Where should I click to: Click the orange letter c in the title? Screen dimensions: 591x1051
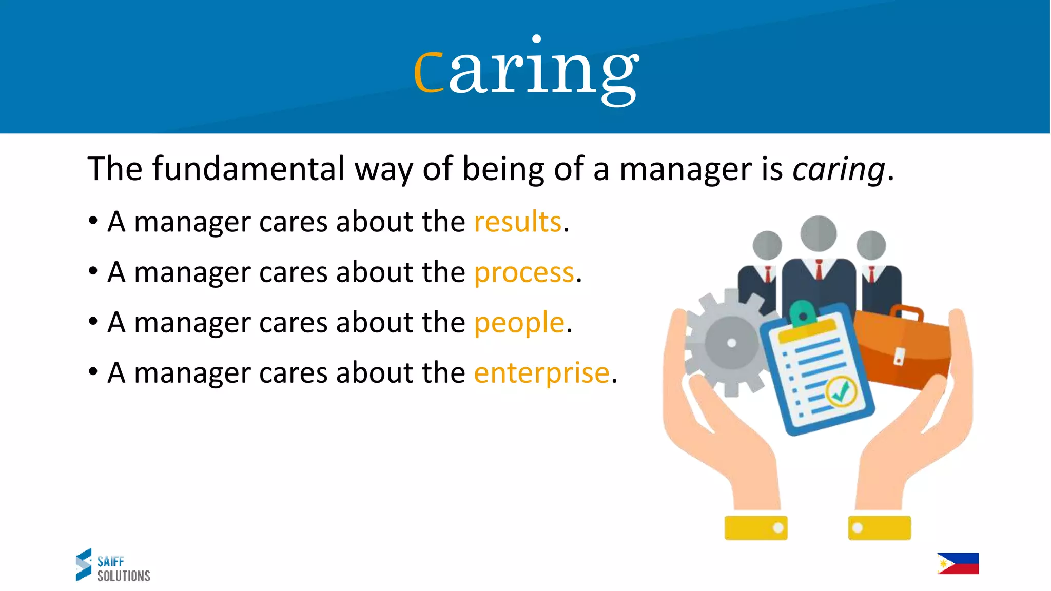pos(429,72)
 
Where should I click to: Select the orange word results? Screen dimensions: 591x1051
pos(517,222)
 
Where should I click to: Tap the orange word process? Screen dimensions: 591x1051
pos(523,272)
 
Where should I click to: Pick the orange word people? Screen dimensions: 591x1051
pos(519,323)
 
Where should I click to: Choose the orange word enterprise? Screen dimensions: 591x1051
pos(541,372)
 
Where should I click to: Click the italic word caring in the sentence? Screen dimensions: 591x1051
pos(839,169)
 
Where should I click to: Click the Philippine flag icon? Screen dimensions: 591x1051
pos(958,563)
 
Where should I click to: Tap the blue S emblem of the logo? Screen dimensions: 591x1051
pos(84,564)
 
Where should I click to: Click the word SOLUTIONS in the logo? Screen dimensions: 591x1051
pos(124,576)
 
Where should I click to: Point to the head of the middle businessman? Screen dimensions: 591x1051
pos(819,233)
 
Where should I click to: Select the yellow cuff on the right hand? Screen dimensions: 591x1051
pos(879,528)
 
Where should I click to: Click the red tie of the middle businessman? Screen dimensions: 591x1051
pos(819,269)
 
